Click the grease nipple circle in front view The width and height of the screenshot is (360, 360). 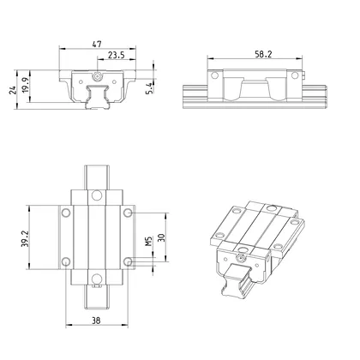[99, 76]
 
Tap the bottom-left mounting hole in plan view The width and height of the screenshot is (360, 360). [64, 261]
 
